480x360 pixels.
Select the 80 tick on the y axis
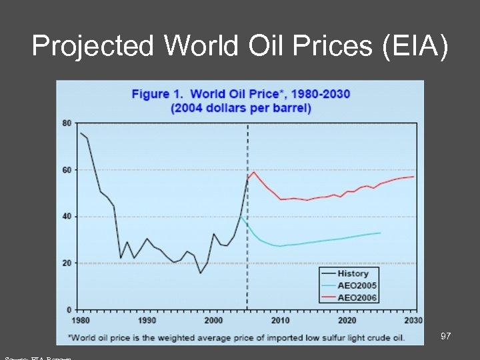pyautogui.click(x=67, y=123)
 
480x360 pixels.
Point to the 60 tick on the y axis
pyautogui.click(x=67, y=170)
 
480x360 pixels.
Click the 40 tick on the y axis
pyautogui.click(x=67, y=217)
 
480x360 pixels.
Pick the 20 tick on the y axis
pyautogui.click(x=67, y=263)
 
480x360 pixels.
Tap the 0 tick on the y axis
pyautogui.click(x=69, y=310)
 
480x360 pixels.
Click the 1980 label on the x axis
pyautogui.click(x=80, y=321)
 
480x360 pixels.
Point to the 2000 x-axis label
pyautogui.click(x=213, y=321)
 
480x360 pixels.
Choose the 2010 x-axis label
pyautogui.click(x=280, y=321)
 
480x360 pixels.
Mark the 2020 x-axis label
pyautogui.click(x=347, y=321)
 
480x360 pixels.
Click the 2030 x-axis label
pyautogui.click(x=413, y=321)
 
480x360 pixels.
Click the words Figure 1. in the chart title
pyautogui.click(x=159, y=94)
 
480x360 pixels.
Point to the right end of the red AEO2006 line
pyautogui.click(x=414, y=177)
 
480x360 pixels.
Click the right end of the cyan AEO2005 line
pyautogui.click(x=380, y=233)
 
